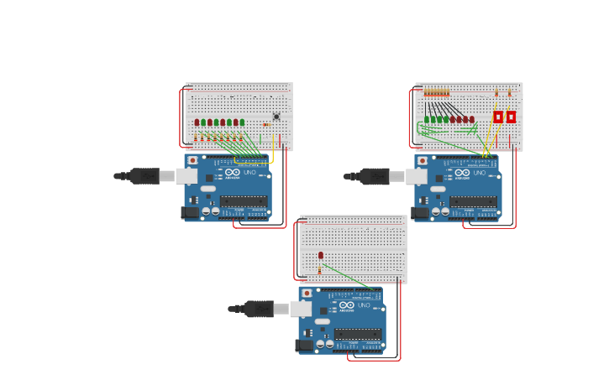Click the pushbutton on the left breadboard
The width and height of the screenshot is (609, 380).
click(276, 117)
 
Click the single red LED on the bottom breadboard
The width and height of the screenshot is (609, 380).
click(321, 255)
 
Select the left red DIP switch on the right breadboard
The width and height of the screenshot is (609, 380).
click(498, 117)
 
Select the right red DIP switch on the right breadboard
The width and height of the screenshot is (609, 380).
click(511, 117)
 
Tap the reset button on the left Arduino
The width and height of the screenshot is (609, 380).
click(192, 160)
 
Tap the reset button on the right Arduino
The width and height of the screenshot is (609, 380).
click(422, 160)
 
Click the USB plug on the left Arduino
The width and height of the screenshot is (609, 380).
click(144, 176)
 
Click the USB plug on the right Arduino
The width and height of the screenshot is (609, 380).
click(375, 176)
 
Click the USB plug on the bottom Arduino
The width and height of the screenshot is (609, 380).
click(259, 309)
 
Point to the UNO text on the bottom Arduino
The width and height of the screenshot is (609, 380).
click(364, 305)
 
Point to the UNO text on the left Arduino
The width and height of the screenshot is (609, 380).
click(249, 173)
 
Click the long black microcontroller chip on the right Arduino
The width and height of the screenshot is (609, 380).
click(473, 201)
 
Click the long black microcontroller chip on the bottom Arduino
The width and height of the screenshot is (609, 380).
click(358, 334)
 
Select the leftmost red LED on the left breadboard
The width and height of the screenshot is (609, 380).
click(197, 122)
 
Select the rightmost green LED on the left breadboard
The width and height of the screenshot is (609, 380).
click(242, 122)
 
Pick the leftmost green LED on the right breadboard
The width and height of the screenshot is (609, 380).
click(427, 120)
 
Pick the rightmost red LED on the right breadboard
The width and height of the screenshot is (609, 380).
click(472, 120)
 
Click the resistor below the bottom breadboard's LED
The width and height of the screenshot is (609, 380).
click(319, 270)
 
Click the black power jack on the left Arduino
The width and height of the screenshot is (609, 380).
click(190, 212)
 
